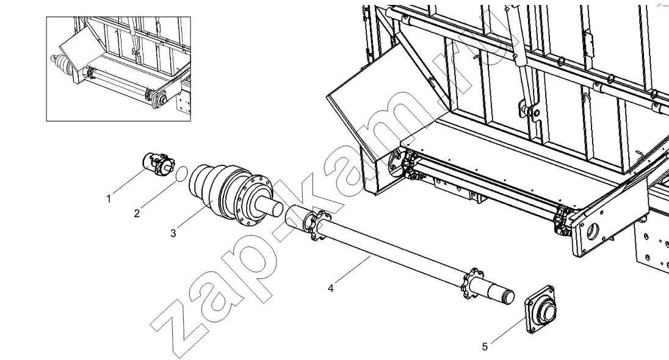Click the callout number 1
109,199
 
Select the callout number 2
137,214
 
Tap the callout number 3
173,234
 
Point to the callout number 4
331,289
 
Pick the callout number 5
485,347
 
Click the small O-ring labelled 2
181,173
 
